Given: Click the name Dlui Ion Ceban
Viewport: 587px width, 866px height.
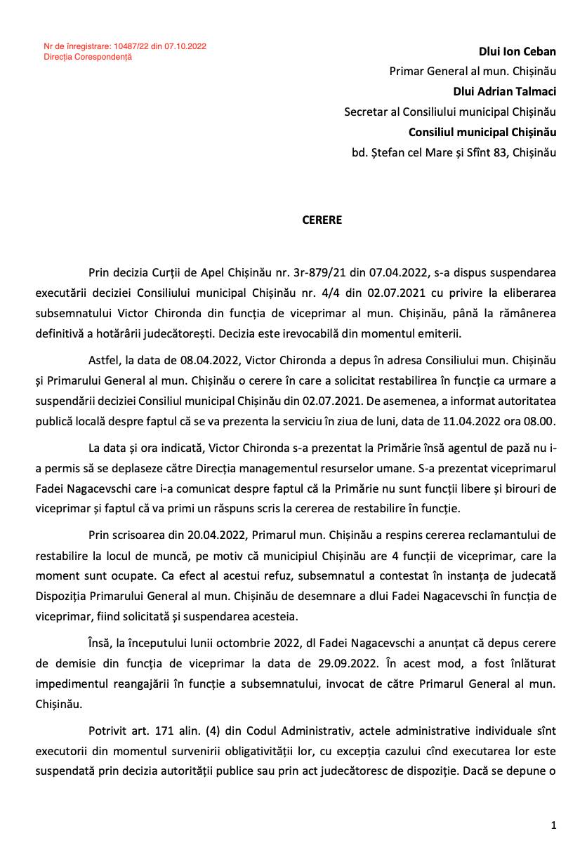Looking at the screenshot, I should click(517, 51).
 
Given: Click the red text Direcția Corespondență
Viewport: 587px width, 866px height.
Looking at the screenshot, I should click(88, 57).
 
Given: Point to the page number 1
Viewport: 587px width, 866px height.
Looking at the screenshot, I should click(553, 825).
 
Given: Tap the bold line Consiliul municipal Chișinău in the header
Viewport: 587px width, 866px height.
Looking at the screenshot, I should click(482, 132).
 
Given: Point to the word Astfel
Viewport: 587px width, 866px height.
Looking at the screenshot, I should click(103, 360).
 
